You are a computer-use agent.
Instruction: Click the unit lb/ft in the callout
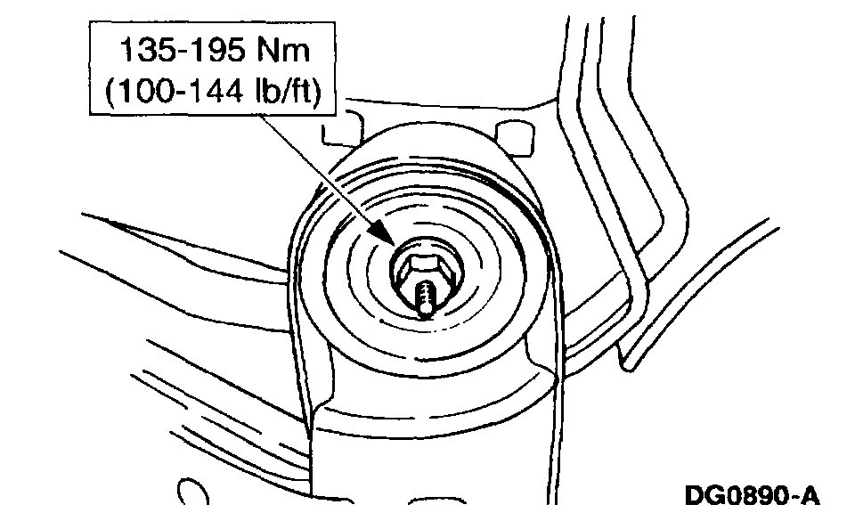point(287,92)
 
